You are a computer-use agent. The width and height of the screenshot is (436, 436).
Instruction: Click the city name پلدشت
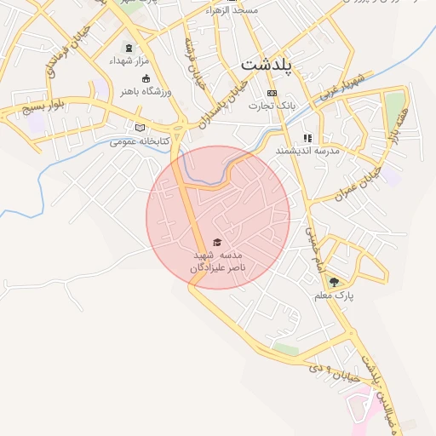[267, 65]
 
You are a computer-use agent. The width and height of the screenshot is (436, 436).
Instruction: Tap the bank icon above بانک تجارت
[272, 93]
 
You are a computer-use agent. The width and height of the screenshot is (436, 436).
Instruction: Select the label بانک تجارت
[272, 106]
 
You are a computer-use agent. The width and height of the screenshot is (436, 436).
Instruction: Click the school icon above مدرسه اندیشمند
[307, 137]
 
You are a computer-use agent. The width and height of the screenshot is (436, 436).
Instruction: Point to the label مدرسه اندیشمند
[307, 150]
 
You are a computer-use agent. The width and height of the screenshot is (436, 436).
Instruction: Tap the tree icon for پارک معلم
[333, 283]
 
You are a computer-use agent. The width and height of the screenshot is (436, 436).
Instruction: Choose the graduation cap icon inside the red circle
[216, 243]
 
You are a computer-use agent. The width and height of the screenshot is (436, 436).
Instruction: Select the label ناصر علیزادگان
[218, 267]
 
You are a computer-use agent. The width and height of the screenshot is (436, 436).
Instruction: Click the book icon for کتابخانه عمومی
[141, 129]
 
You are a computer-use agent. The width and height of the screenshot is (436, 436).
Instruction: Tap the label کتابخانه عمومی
[141, 141]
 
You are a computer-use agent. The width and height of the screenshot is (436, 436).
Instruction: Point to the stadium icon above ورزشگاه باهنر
[146, 78]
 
